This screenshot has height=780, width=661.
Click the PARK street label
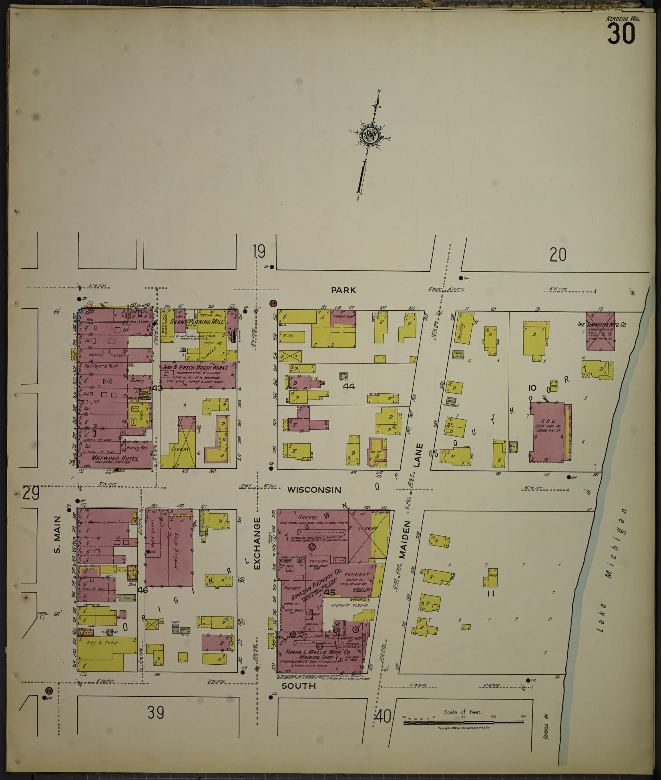[344, 290]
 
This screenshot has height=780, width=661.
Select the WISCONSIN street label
[314, 490]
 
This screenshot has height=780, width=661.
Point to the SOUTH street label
[298, 686]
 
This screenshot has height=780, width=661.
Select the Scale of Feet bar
[463, 722]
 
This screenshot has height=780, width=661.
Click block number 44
[349, 386]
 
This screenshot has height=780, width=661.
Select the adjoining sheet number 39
[156, 712]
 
